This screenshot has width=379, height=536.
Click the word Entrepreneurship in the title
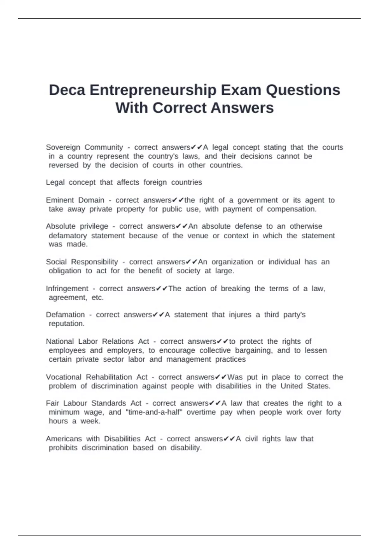click(153, 90)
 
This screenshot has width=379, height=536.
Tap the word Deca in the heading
click(67, 90)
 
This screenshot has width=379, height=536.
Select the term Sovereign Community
click(84, 147)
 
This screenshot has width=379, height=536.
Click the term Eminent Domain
click(75, 200)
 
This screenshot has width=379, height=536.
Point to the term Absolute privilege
click(77, 226)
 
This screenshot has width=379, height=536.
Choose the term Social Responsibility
click(82, 262)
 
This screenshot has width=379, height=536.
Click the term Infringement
click(67, 289)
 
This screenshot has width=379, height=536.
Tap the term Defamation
click(65, 315)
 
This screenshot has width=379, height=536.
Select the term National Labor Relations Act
click(97, 341)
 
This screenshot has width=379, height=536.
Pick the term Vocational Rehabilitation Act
click(97, 377)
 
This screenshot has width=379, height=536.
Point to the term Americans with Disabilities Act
click(101, 439)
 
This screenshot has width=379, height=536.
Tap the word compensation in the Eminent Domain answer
click(292, 209)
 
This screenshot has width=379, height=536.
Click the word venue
click(198, 236)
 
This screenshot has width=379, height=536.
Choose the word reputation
click(67, 323)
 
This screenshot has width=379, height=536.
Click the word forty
click(334, 412)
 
